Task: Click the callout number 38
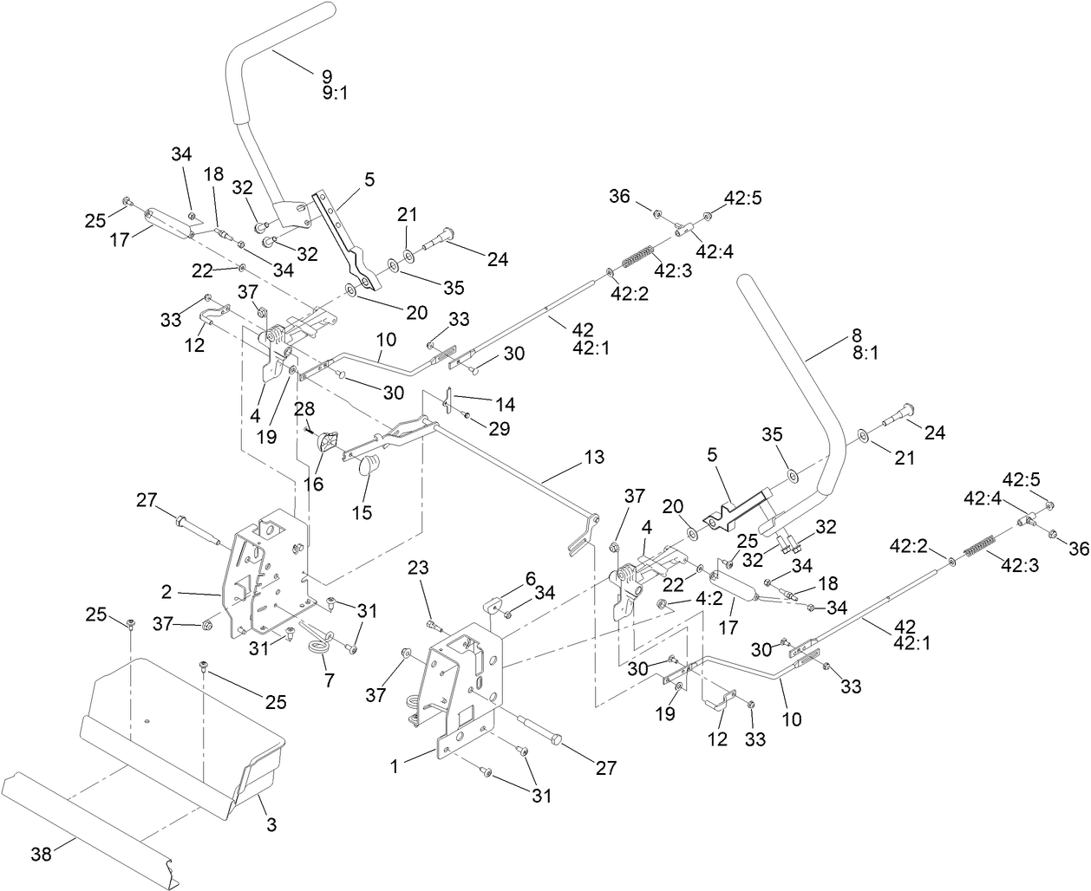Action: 40,854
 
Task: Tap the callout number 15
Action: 362,512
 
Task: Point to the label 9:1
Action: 336,93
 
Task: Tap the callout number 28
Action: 304,407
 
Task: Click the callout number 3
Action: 271,826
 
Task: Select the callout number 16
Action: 313,483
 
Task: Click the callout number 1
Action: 394,765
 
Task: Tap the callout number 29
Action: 500,428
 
